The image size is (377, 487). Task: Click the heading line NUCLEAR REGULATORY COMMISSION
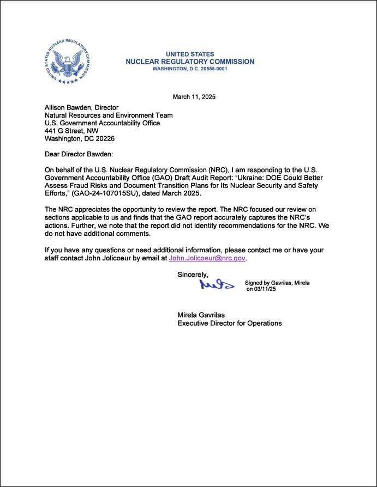tap(189, 62)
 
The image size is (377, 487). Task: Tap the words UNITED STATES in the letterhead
tap(189, 54)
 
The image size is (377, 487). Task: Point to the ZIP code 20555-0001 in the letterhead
tap(210, 69)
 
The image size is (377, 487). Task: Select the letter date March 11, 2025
tap(194, 97)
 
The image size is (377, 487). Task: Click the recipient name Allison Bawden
tap(68, 107)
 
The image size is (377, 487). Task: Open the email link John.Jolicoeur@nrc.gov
tap(207, 258)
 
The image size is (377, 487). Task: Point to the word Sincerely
tap(193, 275)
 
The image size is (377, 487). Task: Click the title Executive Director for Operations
tap(230, 323)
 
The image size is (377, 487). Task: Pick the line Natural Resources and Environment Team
tap(109, 115)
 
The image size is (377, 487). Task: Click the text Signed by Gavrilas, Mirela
tap(278, 283)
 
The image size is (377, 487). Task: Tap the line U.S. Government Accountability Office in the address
tap(103, 123)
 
